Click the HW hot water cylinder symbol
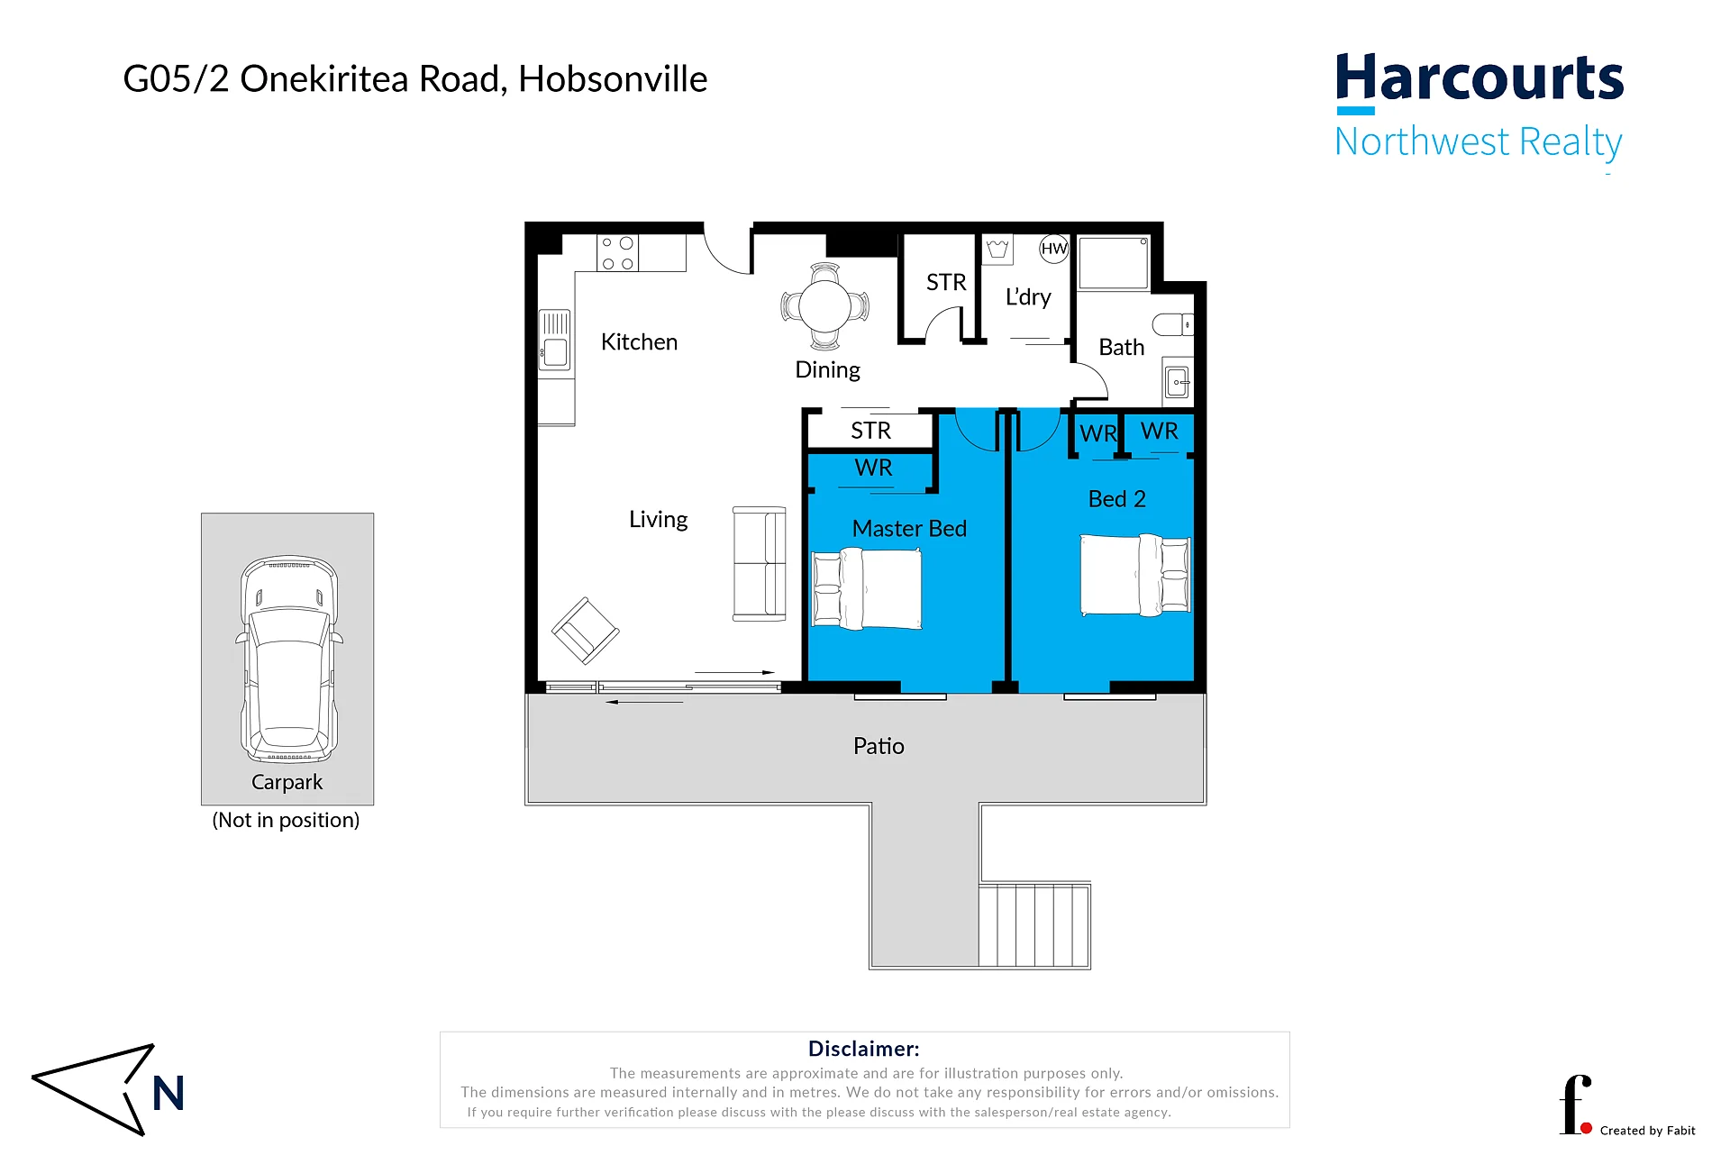click(x=1053, y=249)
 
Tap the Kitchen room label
click(x=639, y=342)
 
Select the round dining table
click(x=824, y=306)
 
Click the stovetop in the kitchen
click(x=617, y=253)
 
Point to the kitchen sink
click(x=555, y=340)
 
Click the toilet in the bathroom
click(x=1172, y=324)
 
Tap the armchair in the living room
click(x=586, y=631)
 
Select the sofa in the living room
click(x=760, y=564)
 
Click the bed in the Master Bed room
click(x=867, y=590)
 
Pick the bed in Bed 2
click(x=1135, y=575)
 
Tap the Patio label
click(x=879, y=746)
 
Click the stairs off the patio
click(x=1034, y=925)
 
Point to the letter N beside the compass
click(x=168, y=1094)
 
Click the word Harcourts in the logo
click(x=1480, y=78)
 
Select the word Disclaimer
click(x=863, y=1049)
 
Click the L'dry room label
click(x=1028, y=297)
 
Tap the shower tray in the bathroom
click(x=1114, y=263)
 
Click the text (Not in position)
click(x=286, y=821)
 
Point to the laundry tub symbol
click(x=997, y=249)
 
